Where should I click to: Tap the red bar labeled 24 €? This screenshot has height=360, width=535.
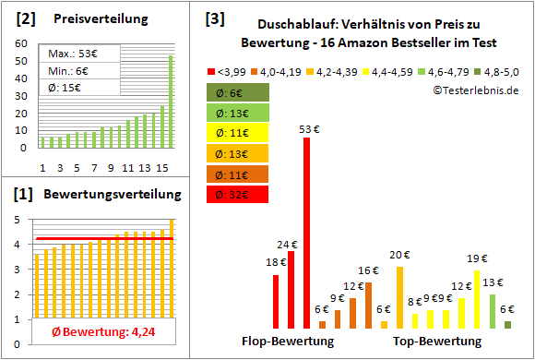(x=291, y=289)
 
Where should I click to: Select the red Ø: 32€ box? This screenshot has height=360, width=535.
(x=237, y=194)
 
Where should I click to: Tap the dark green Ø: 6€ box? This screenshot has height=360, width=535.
(x=237, y=92)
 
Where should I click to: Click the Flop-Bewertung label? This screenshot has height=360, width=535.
(x=288, y=342)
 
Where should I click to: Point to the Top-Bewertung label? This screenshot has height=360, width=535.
(x=437, y=342)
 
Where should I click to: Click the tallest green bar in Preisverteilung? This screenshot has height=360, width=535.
(x=171, y=102)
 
